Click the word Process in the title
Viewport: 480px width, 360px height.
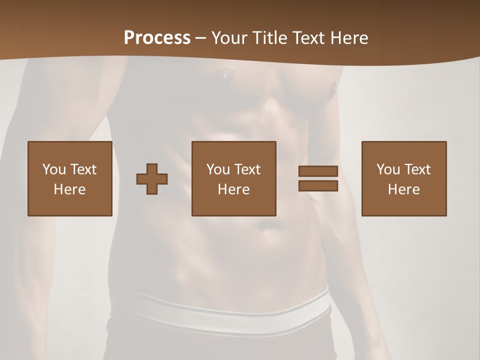(157, 37)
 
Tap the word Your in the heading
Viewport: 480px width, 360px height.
(228, 37)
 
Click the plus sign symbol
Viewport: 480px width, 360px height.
(152, 179)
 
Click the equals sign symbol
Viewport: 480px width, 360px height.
(318, 178)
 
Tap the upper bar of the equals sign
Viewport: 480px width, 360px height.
(318, 171)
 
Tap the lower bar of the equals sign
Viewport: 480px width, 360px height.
(318, 186)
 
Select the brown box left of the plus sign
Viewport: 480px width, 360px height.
(69, 178)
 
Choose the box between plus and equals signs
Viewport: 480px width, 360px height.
(233, 178)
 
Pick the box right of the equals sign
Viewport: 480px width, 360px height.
(403, 178)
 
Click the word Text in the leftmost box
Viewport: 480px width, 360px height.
(83, 169)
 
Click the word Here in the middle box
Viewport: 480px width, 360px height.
(233, 189)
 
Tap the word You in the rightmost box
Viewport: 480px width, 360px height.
(388, 169)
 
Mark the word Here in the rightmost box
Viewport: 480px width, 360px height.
(403, 189)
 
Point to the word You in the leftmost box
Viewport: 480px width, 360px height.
(54, 169)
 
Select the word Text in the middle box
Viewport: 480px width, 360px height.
(247, 169)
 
